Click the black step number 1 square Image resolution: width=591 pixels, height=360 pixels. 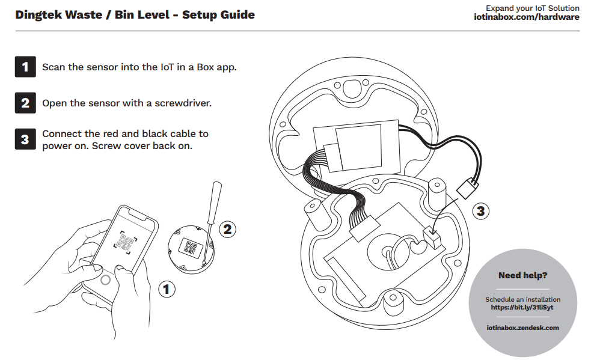coord(25,67)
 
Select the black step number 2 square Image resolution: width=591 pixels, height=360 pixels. coord(25,103)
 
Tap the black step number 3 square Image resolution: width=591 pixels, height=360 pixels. coord(25,139)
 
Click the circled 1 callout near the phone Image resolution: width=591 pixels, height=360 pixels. coord(167,290)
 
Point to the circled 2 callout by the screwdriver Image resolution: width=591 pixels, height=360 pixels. coord(227,228)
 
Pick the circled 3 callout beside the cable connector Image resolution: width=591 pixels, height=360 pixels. coord(480,211)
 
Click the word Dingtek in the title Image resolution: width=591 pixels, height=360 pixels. coord(39,15)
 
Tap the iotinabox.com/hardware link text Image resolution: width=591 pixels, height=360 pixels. coord(527,17)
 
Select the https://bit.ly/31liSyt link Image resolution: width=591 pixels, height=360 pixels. coord(522,307)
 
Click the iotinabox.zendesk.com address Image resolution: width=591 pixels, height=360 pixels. coord(522,328)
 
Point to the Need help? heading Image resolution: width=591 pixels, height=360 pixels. coord(522,276)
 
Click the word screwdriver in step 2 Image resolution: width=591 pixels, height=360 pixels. coord(183,103)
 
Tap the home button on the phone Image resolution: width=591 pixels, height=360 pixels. coord(106,279)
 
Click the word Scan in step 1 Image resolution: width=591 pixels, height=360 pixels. coord(53,67)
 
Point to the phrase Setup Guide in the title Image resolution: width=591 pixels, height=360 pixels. coord(218,15)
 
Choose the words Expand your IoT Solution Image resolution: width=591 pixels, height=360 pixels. coord(533,8)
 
